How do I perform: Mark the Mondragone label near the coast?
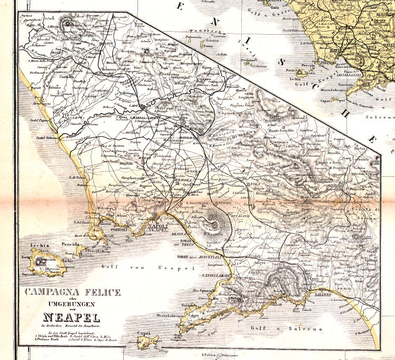42,103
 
